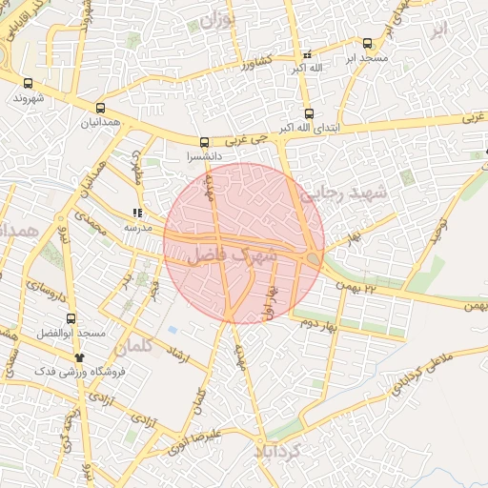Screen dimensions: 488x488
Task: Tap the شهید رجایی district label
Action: click(346, 193)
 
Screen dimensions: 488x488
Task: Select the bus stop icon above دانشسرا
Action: click(204, 142)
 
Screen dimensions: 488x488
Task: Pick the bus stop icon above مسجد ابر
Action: click(368, 43)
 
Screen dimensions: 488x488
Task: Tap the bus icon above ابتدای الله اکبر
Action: click(308, 113)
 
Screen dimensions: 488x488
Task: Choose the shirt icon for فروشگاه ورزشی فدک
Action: click(78, 357)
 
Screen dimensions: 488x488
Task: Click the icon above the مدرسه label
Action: click(137, 213)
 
